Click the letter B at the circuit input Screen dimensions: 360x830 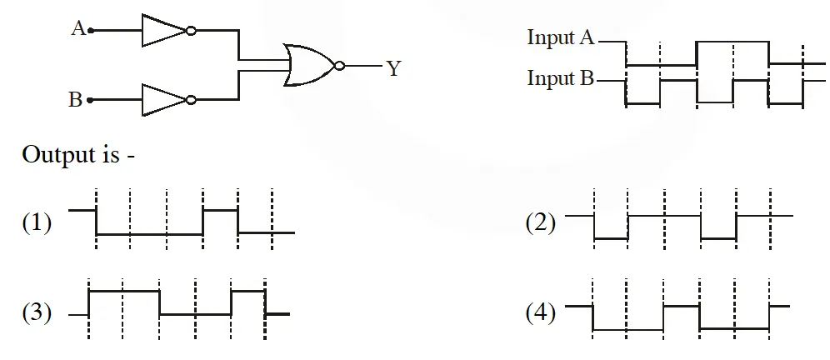point(76,101)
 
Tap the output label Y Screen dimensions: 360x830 point(393,68)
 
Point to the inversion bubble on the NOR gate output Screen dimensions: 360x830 point(338,65)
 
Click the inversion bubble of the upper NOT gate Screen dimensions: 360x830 point(192,31)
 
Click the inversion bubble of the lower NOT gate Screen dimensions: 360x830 point(192,100)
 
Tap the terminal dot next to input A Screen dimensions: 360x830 point(91,31)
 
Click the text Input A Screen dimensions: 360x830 point(562,38)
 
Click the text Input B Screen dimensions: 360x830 point(562,79)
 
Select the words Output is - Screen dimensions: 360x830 point(79,155)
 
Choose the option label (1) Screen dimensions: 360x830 point(37,223)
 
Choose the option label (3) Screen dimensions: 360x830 point(37,313)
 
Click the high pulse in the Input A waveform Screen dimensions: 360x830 point(732,42)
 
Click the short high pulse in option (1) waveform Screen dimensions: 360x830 point(221,210)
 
